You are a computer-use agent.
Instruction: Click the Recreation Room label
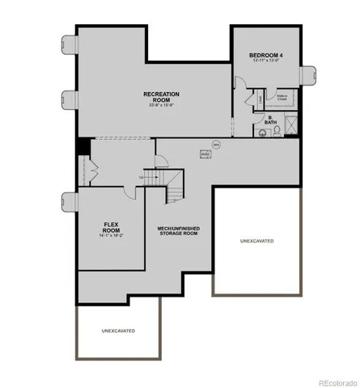point(162,94)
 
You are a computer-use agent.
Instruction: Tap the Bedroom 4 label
point(266,55)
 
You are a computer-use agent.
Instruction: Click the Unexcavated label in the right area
point(256,240)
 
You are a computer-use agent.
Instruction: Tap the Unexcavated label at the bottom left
point(118,331)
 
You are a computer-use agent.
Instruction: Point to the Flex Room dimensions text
point(111,236)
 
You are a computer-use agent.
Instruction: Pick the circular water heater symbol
point(215,145)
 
